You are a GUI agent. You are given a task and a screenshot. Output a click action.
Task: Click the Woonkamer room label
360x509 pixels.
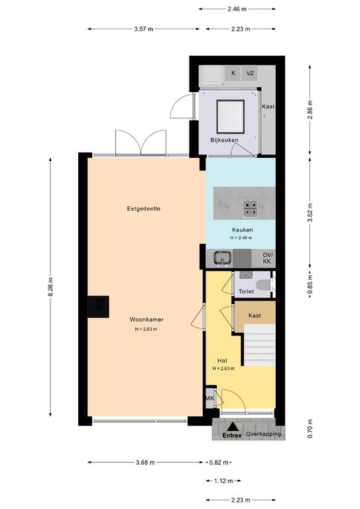[x=147, y=319]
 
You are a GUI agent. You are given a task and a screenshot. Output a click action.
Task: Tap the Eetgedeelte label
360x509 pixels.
[x=143, y=209]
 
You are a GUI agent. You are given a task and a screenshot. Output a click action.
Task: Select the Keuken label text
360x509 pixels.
[x=242, y=230]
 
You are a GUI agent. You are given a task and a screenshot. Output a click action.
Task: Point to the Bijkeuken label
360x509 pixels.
[x=224, y=140]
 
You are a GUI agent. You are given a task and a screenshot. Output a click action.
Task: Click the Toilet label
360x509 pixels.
[x=246, y=292]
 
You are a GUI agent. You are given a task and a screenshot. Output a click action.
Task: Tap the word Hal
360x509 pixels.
[x=222, y=361]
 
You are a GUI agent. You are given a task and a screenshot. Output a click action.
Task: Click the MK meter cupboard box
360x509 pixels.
[x=210, y=398]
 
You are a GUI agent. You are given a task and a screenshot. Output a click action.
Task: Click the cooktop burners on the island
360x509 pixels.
[x=251, y=209]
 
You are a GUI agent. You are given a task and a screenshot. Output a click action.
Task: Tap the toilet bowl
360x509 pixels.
[x=263, y=285]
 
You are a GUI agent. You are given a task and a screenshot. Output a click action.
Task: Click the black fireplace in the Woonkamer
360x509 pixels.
[x=98, y=306]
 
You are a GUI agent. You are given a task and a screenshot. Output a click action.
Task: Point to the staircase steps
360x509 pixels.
[x=260, y=345]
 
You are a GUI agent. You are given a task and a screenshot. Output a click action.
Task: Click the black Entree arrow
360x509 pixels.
[x=232, y=427]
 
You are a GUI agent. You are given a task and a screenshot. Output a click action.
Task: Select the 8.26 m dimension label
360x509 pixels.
[x=50, y=287]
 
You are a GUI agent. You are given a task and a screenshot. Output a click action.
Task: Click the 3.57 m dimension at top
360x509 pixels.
[x=143, y=29]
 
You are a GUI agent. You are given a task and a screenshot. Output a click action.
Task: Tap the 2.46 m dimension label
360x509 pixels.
[x=237, y=9]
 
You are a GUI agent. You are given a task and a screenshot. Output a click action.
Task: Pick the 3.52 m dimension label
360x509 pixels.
[x=310, y=213]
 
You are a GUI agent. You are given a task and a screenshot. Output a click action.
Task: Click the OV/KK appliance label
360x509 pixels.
[x=268, y=258]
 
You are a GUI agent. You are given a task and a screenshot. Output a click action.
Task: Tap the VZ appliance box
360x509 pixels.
[x=250, y=74]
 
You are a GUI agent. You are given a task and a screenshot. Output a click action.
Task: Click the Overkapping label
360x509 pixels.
[x=263, y=434]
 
